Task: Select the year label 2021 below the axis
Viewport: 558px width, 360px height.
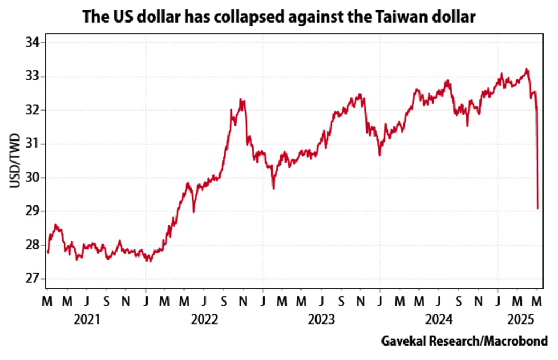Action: (86, 320)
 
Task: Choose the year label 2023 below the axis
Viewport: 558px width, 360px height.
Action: (321, 320)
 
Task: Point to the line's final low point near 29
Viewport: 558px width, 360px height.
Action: (538, 208)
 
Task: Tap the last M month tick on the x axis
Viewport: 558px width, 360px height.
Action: (537, 301)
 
